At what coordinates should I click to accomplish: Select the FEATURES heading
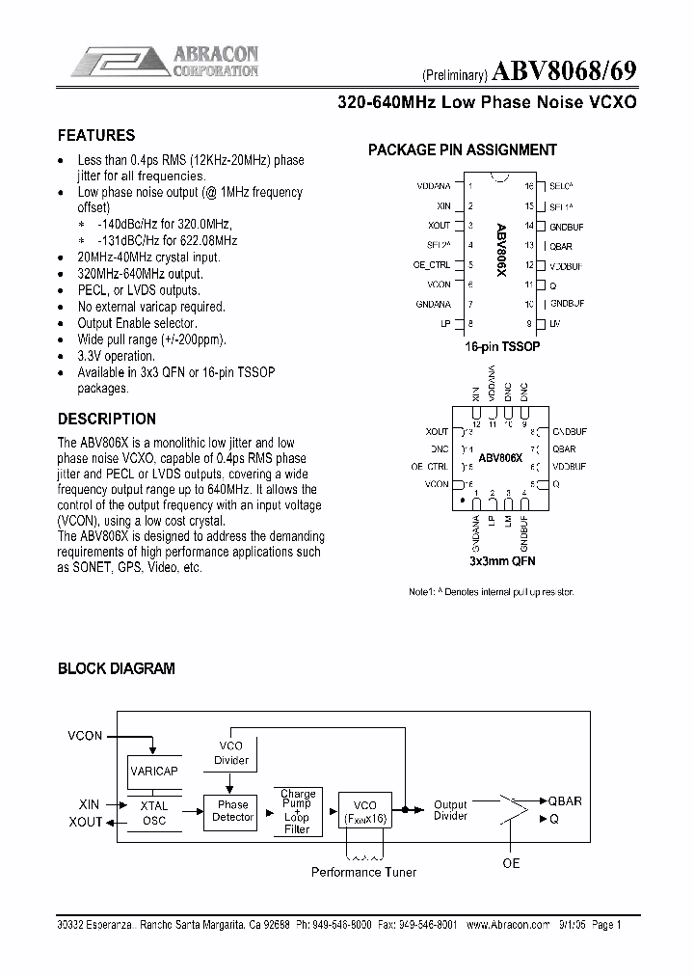(x=96, y=136)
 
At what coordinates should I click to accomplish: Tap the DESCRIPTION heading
(x=107, y=420)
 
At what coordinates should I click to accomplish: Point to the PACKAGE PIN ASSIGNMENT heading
(x=463, y=150)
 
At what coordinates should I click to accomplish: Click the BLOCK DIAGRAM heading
(x=117, y=668)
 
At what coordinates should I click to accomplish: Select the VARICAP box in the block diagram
(x=154, y=771)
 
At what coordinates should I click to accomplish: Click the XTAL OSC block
(x=154, y=813)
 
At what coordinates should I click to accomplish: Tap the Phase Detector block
(x=232, y=811)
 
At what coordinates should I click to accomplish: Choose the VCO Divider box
(x=231, y=753)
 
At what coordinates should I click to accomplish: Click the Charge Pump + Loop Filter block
(x=297, y=811)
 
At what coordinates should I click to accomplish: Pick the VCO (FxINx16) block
(x=365, y=811)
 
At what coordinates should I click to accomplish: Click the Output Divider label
(x=450, y=810)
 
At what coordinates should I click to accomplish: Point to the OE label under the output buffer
(x=511, y=863)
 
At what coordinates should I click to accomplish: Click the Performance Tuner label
(x=363, y=872)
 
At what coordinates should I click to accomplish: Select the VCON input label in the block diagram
(x=85, y=736)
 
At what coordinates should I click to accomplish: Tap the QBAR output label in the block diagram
(x=565, y=801)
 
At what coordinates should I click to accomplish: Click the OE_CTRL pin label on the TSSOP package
(x=432, y=264)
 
